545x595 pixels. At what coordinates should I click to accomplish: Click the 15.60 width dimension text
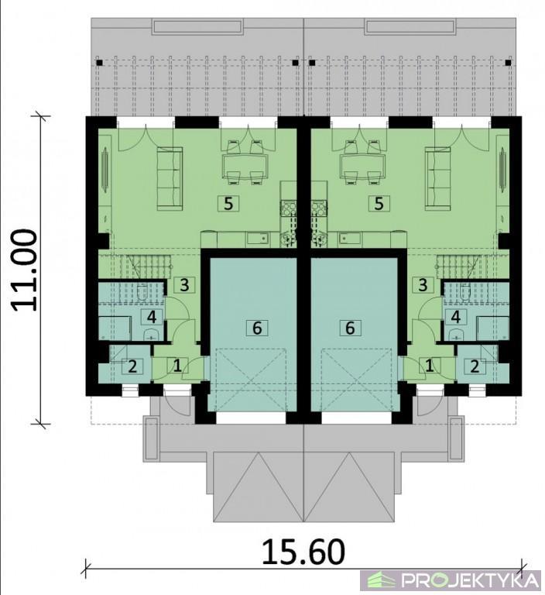tap(303, 552)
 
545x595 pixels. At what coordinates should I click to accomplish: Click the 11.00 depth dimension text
tap(25, 270)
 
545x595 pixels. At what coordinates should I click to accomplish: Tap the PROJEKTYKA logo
tap(451, 580)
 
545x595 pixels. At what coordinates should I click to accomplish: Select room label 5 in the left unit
tap(228, 204)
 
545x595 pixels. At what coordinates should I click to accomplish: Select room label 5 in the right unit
tap(379, 204)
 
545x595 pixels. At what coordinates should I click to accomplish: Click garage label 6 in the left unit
tap(257, 328)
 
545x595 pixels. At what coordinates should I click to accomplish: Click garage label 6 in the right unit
tap(350, 328)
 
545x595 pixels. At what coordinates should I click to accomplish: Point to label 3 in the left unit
tap(184, 285)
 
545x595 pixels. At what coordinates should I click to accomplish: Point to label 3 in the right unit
tap(423, 285)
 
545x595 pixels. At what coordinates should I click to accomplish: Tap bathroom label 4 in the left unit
tap(152, 316)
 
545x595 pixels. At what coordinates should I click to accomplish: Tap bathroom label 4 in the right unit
tap(455, 316)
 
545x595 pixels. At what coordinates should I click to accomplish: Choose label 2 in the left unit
tap(132, 366)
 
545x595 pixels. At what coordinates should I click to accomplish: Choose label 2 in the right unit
tap(475, 366)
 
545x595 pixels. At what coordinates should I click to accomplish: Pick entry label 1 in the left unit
tap(177, 366)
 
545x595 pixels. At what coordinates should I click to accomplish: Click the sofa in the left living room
tap(170, 178)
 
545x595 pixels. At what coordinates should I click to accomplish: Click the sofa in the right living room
tap(437, 178)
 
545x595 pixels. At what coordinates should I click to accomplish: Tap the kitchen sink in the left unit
tap(258, 239)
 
